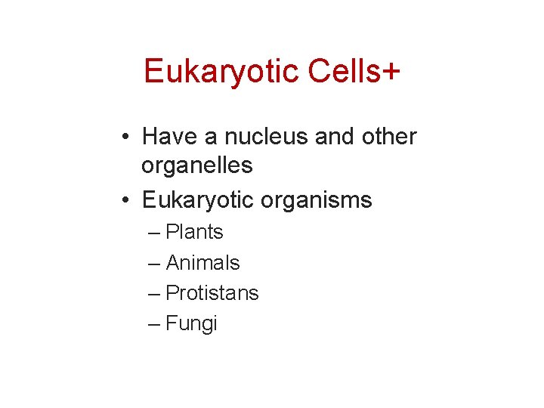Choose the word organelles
(197, 165)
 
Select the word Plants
(194, 232)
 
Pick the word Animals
(202, 263)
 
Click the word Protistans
(212, 293)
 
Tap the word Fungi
(191, 324)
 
